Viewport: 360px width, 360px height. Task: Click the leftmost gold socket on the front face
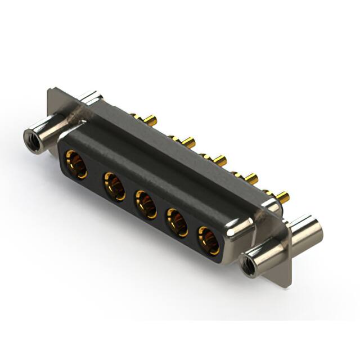[76, 164]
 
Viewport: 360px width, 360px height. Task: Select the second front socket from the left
[114, 186]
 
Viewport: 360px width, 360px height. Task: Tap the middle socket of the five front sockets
[146, 204]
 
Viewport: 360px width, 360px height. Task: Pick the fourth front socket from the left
[177, 222]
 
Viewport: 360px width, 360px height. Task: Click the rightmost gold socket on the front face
[208, 240]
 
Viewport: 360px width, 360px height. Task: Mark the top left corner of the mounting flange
[52, 88]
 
